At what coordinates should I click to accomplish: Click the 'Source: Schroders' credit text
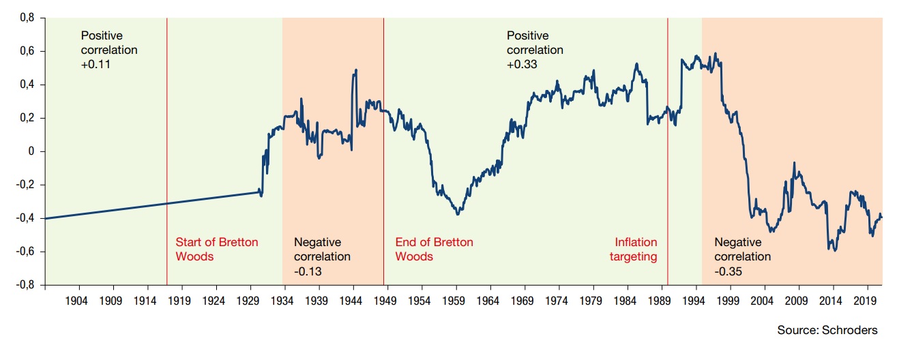pyautogui.click(x=827, y=330)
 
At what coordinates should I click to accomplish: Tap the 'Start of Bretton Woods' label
pyautogui.click(x=217, y=250)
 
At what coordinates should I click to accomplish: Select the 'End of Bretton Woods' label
pyautogui.click(x=434, y=250)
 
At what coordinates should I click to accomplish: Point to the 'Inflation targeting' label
pyautogui.click(x=636, y=250)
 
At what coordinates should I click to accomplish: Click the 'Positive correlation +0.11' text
pyautogui.click(x=108, y=50)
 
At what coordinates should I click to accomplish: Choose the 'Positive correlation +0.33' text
pyautogui.click(x=535, y=50)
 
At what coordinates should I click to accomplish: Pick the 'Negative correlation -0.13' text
pyautogui.click(x=322, y=257)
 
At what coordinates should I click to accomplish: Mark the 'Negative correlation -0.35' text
pyautogui.click(x=742, y=257)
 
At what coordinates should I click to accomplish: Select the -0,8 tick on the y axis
pyautogui.click(x=25, y=285)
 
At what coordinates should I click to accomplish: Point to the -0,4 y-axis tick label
pyautogui.click(x=25, y=218)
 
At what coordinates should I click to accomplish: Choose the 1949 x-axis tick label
pyautogui.click(x=386, y=300)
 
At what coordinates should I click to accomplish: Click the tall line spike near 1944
pyautogui.click(x=355, y=71)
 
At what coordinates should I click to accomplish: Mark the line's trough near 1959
pyautogui.click(x=458, y=213)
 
